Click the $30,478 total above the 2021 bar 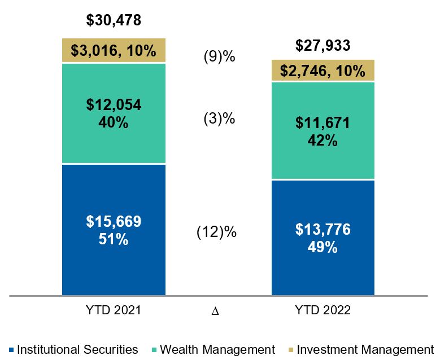[x=114, y=21]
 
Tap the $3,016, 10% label [x=114, y=51]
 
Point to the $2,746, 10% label [x=323, y=71]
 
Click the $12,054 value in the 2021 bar [x=114, y=106]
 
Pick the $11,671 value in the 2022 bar [x=323, y=124]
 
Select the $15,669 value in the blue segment [x=114, y=222]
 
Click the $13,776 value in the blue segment [x=323, y=229]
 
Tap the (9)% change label [x=219, y=58]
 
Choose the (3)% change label [x=219, y=119]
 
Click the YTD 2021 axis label [x=114, y=310]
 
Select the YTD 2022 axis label [x=324, y=310]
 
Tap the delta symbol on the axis [x=215, y=311]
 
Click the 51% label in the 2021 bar [x=114, y=239]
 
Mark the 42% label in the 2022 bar [x=323, y=141]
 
